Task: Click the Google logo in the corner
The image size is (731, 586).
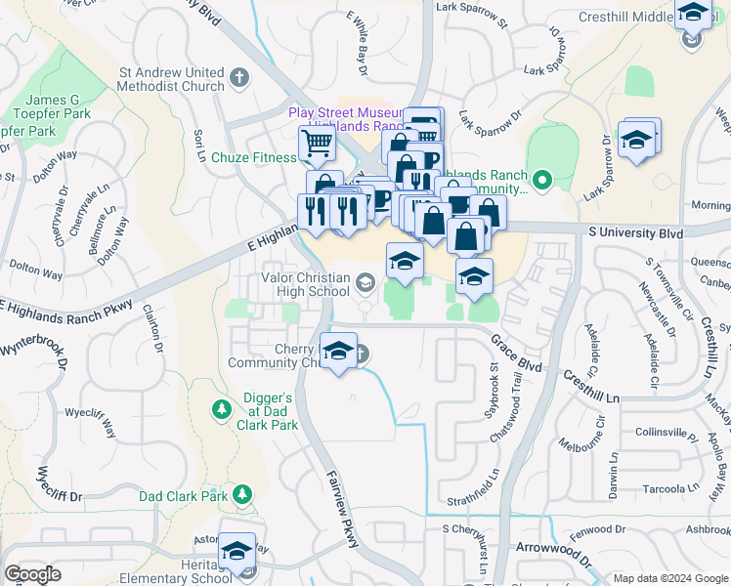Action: pyautogui.click(x=32, y=574)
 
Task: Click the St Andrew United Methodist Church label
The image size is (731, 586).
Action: pyautogui.click(x=171, y=79)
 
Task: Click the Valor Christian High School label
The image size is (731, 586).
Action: pyautogui.click(x=290, y=284)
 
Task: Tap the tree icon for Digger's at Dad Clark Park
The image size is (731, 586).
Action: pyautogui.click(x=222, y=406)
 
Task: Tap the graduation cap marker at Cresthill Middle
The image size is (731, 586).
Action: pyautogui.click(x=693, y=14)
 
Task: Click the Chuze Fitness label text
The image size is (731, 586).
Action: pyautogui.click(x=253, y=157)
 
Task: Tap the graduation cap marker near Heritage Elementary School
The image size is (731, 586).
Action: pyautogui.click(x=236, y=552)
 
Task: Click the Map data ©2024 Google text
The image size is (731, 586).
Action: pyautogui.click(x=669, y=578)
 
